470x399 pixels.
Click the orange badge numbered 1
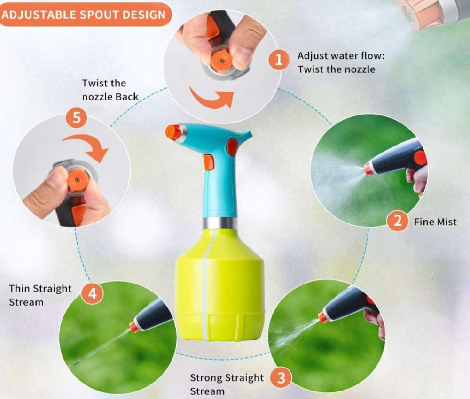(279, 59)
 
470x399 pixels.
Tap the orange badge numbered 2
(398, 221)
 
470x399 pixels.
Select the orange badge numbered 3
(281, 378)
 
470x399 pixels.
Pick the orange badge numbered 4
(92, 293)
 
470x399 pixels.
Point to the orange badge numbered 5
(77, 117)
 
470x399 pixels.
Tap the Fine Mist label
(435, 222)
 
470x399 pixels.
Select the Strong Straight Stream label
(227, 384)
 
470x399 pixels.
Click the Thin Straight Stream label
(40, 295)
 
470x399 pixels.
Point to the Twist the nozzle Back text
(110, 90)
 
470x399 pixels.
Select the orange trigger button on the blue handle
(209, 162)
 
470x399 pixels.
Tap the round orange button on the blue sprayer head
(232, 146)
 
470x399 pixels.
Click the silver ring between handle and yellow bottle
(219, 223)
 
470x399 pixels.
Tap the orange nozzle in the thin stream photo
(134, 327)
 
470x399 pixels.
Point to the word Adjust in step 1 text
(312, 56)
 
